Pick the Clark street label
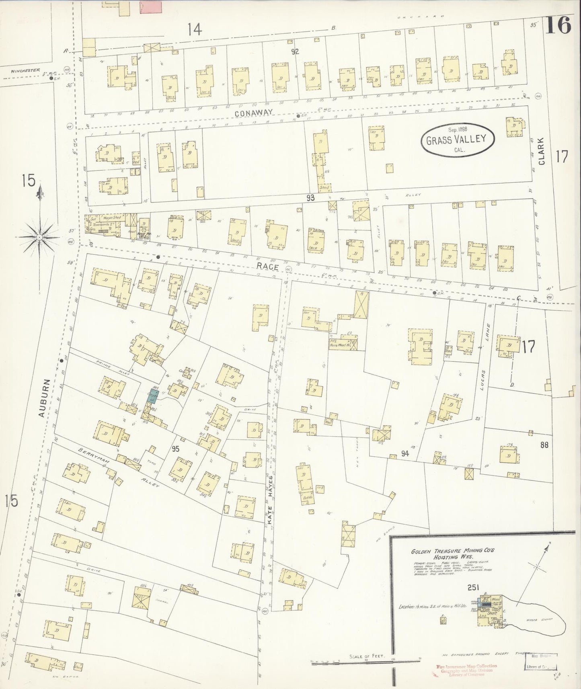542,152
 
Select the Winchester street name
25,70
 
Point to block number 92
296,51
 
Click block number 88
544,445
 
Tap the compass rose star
39,238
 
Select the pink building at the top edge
151,7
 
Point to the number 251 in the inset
473,587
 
